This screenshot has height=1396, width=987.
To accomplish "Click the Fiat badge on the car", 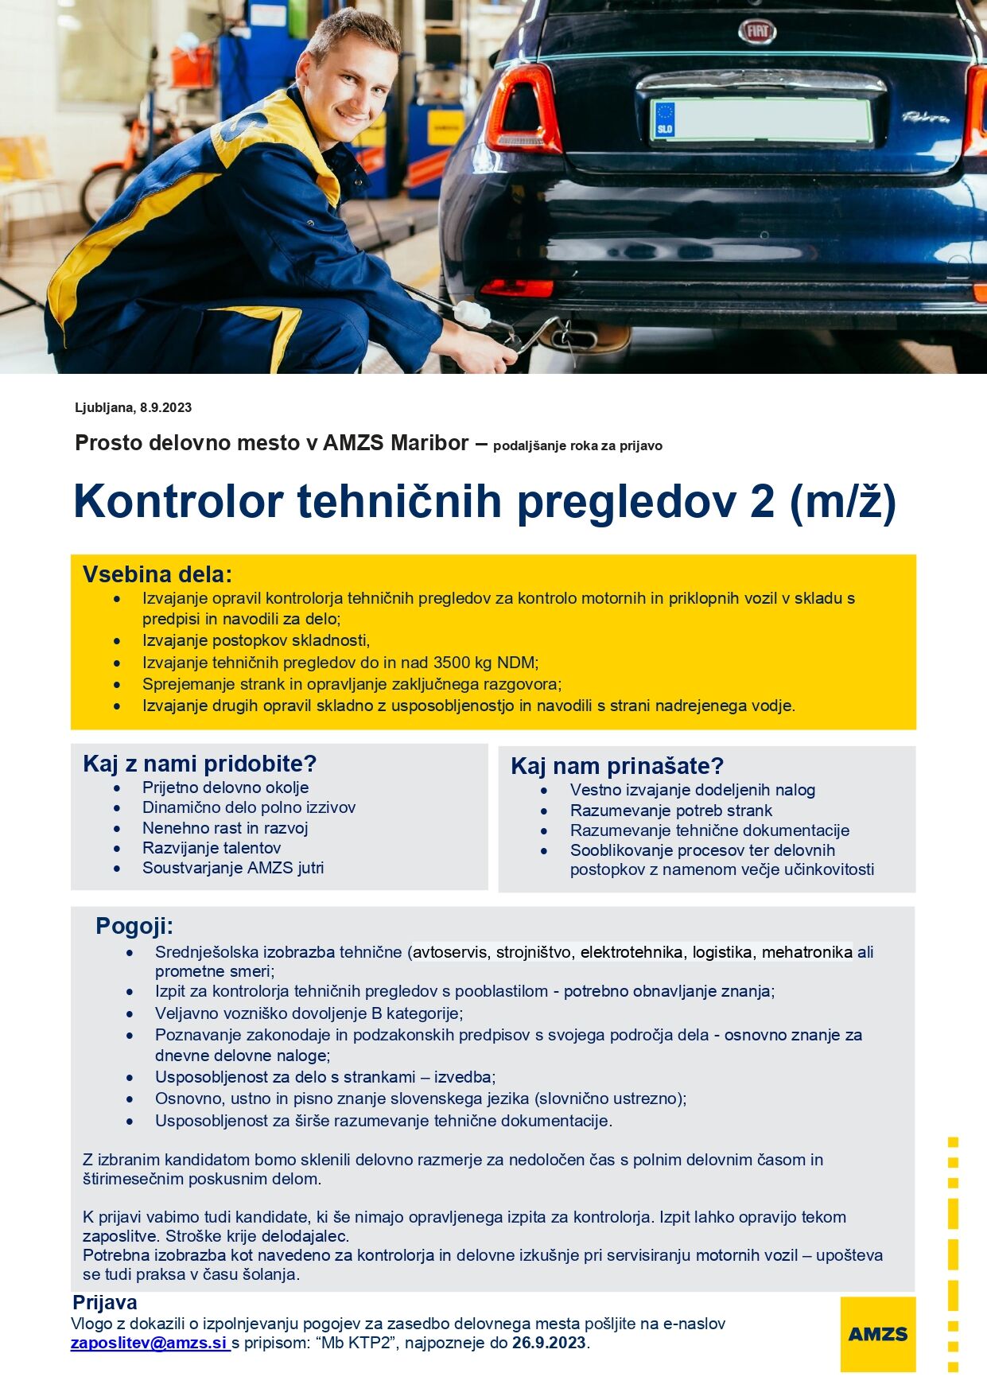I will [756, 31].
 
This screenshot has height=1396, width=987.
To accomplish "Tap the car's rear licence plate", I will [761, 121].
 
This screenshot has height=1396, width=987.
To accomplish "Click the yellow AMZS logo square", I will [877, 1334].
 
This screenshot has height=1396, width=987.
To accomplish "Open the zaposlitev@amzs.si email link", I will [150, 1343].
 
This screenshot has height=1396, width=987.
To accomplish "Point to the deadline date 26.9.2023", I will [549, 1343].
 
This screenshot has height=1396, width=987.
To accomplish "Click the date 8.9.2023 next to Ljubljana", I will [165, 407].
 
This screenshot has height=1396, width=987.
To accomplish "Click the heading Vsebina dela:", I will [157, 574].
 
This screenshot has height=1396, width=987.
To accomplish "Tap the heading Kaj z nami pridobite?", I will [200, 764].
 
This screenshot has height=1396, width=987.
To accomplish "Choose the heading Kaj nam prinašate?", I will [617, 766].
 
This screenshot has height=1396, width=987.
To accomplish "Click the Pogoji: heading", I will [134, 926].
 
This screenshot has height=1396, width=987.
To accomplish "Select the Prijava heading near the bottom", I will [105, 1302].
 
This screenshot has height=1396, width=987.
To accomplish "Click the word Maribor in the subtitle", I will [429, 443].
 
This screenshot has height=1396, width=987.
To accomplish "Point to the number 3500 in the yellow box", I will [453, 663].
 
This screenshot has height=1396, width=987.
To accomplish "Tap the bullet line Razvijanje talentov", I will [212, 848].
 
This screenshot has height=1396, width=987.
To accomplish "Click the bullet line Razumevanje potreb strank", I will [671, 811].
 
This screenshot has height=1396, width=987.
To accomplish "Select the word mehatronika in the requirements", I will [807, 952].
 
